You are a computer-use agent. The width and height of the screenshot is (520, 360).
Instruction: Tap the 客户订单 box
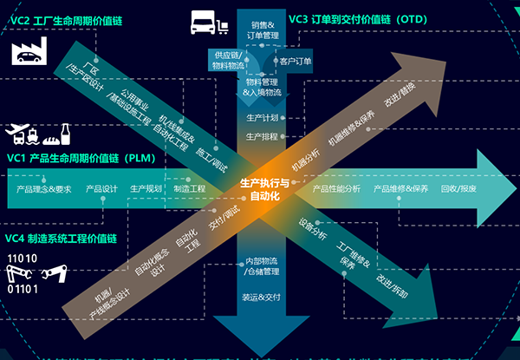tap(296, 61)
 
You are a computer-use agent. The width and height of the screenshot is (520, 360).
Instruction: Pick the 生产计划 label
tap(262, 117)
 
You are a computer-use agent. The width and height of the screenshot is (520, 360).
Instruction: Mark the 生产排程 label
tap(262, 136)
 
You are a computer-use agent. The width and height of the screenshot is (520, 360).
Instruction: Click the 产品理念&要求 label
tap(45, 188)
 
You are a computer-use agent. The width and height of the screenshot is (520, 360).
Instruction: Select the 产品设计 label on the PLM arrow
tap(101, 188)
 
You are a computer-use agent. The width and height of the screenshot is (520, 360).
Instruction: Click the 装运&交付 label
tap(262, 297)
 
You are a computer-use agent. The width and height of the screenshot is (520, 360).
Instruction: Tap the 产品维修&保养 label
tap(400, 188)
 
